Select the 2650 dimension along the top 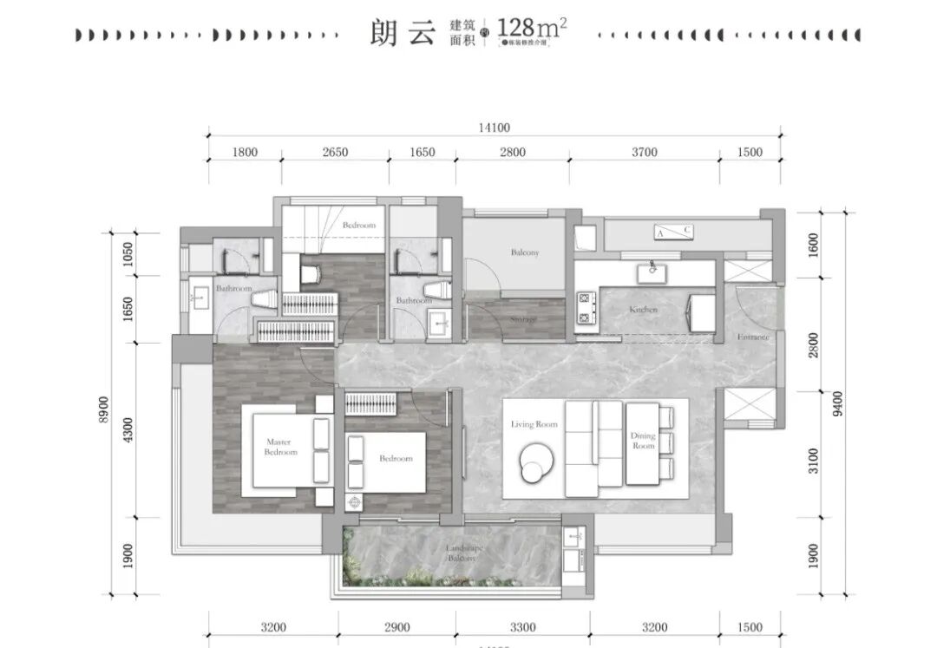(x=335, y=153)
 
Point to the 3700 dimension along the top (x=644, y=153)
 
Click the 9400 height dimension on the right (x=836, y=403)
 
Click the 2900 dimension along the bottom (x=396, y=627)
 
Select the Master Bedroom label (x=281, y=447)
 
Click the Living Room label (x=534, y=424)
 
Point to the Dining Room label (x=644, y=441)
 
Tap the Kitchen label (x=644, y=309)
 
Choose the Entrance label (x=753, y=337)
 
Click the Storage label (x=524, y=320)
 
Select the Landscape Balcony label (x=462, y=553)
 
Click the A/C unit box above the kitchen (x=673, y=232)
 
